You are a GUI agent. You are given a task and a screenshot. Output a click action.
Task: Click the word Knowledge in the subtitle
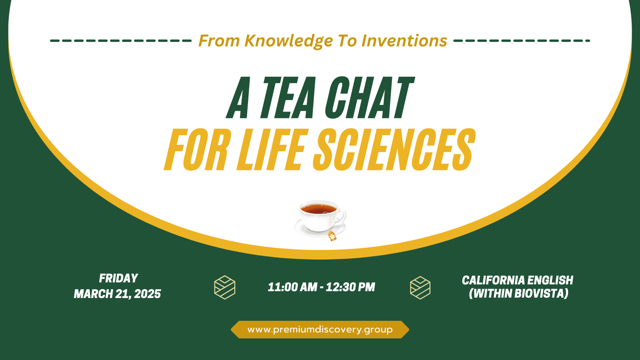tap(288, 41)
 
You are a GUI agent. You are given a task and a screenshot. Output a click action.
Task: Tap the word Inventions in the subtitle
tap(404, 41)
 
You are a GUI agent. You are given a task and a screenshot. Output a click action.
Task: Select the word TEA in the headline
tap(288, 98)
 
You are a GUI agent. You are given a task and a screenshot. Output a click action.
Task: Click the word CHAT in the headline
tap(369, 98)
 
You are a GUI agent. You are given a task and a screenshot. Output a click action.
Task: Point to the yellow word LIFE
tap(272, 150)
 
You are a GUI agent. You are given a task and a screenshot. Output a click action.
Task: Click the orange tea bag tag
tap(332, 236)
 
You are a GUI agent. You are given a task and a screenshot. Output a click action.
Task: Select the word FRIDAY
tap(118, 278)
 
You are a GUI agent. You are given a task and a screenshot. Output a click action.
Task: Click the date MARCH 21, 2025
tap(117, 294)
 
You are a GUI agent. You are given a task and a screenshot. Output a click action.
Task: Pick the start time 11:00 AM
tap(292, 287)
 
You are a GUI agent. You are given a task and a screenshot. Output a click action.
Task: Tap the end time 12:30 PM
tap(350, 287)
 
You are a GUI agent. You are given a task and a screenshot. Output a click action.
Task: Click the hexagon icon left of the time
tap(225, 287)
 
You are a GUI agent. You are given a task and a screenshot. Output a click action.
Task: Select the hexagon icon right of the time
tap(420, 288)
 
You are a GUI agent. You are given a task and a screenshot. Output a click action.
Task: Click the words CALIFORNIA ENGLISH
tap(518, 280)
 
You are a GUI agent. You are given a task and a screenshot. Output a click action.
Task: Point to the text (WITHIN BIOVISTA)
tap(518, 294)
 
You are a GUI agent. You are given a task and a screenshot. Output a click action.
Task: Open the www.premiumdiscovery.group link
tap(320, 330)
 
